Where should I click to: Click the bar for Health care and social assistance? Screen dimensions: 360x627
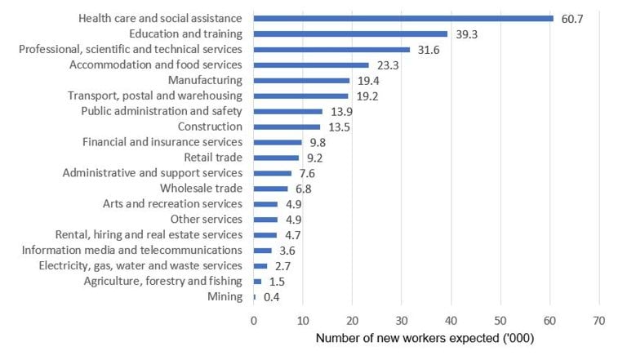click(403, 18)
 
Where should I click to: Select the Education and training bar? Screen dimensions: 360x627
click(351, 33)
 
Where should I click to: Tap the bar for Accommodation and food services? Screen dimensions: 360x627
click(311, 64)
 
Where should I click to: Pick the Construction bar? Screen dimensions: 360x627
click(287, 127)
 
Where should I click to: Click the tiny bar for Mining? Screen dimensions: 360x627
click(255, 297)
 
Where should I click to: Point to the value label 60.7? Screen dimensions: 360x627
click(572, 18)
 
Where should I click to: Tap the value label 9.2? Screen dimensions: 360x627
click(316, 158)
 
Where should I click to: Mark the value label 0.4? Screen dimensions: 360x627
click(272, 297)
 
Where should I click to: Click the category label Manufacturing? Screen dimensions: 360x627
click(205, 80)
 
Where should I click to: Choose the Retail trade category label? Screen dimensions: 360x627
click(213, 158)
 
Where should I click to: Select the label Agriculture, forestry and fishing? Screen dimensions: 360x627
click(163, 282)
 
